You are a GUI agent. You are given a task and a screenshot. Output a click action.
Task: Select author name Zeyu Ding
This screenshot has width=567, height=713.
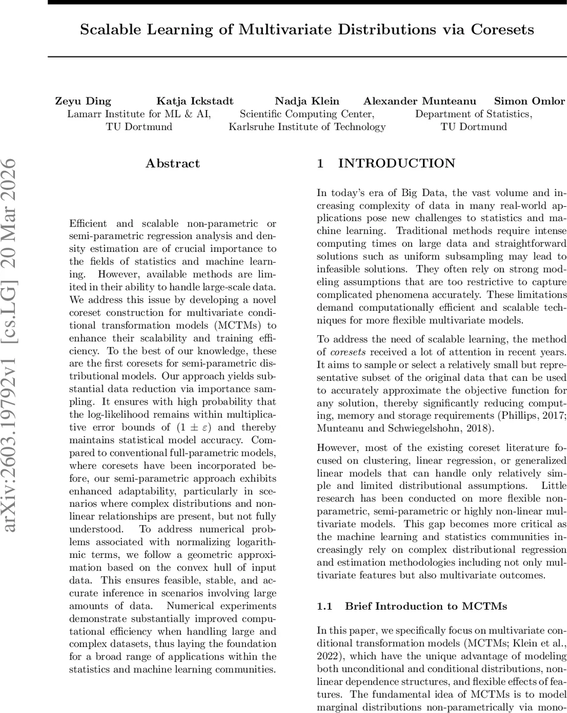83,101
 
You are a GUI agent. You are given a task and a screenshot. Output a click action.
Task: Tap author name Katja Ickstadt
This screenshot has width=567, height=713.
195,101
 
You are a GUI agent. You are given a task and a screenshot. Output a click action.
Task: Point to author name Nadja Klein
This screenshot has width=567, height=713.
307,101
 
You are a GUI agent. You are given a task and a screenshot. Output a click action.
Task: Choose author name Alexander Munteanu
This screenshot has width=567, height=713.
419,101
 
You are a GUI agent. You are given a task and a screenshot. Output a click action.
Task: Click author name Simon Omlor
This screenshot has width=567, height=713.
530,101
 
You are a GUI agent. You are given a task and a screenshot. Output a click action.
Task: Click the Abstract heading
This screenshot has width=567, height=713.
173,163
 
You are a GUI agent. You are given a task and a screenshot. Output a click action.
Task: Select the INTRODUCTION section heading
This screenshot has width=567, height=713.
397,163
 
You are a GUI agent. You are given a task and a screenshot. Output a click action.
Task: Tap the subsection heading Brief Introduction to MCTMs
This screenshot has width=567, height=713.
425,606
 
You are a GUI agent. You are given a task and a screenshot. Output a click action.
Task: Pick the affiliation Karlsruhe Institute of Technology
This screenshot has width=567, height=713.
307,127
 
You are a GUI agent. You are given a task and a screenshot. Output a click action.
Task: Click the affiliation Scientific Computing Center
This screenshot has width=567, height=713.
307,114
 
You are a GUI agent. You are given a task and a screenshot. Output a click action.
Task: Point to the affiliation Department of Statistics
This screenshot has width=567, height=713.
473,114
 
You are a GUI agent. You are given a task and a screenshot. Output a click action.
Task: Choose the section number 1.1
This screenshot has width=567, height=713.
324,606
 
